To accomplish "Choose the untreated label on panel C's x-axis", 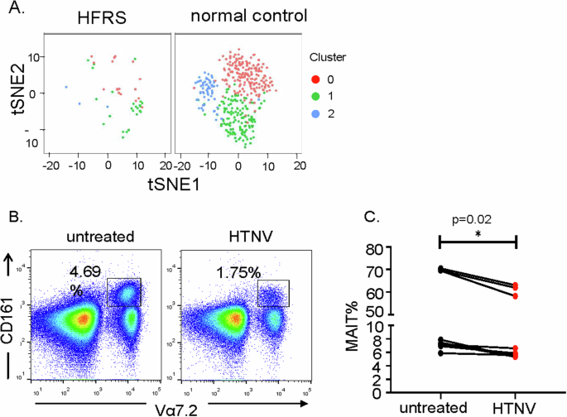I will tap(440, 407).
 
